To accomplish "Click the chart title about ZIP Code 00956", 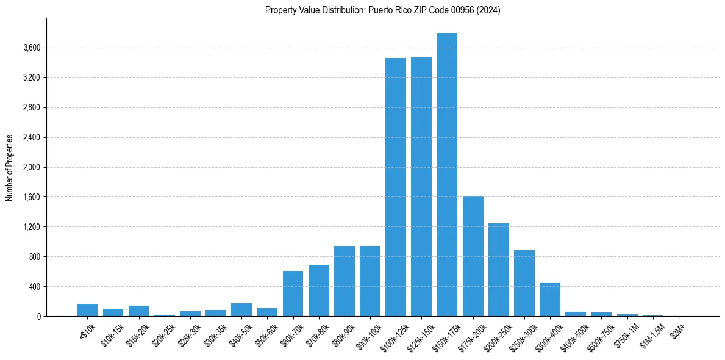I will pos(382,10).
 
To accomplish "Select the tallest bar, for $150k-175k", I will pos(447,175).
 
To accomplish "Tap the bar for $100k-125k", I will pos(396,187).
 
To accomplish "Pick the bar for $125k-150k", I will pos(421,187).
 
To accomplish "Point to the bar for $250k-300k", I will pos(524,283).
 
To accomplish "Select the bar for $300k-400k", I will pos(550,300).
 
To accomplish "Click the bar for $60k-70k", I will pos(293,293).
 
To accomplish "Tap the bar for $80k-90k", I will pos(345,281).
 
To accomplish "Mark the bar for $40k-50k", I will pos(241,310).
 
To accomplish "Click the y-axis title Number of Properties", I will pos(10,168).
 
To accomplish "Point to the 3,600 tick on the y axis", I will pos(30,48).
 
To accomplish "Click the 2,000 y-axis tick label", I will pos(30,168).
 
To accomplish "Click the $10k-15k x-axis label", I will pos(112,333).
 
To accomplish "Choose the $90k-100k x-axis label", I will pos(369,334).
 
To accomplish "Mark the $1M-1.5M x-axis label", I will pos(651,334).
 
